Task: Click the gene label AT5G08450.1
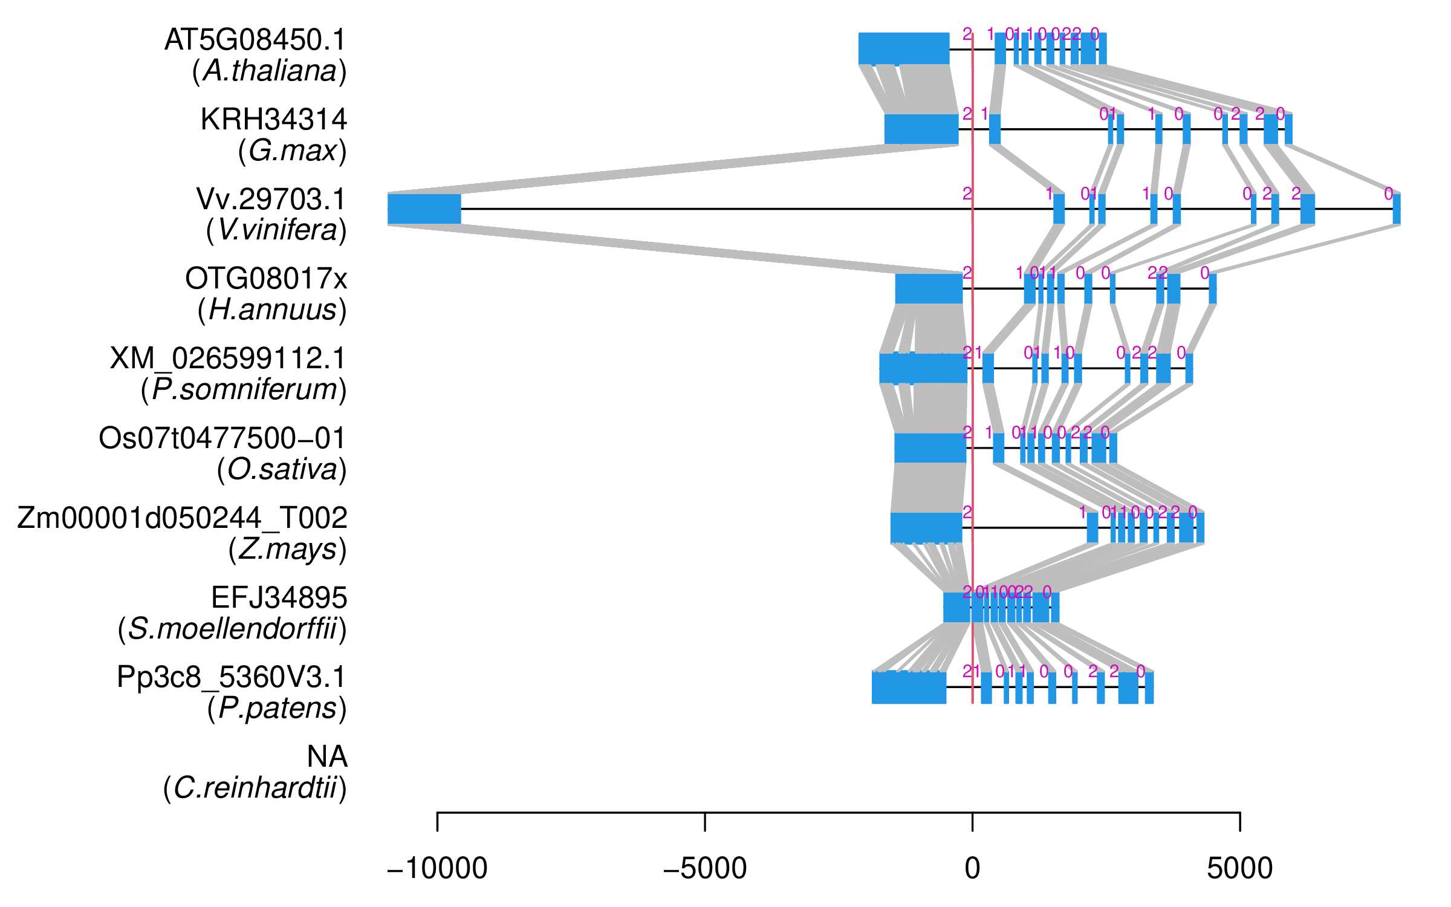click(x=255, y=41)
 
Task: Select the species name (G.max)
click(x=293, y=151)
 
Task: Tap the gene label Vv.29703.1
click(x=271, y=200)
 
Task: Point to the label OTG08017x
click(x=266, y=279)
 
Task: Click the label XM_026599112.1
click(x=228, y=359)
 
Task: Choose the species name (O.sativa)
click(x=282, y=470)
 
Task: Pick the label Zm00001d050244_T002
click(x=182, y=518)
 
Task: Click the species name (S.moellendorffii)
click(x=232, y=629)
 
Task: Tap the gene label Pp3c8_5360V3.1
click(x=232, y=677)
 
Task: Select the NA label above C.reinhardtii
click(x=326, y=757)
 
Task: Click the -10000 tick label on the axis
click(x=437, y=869)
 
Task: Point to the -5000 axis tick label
click(x=705, y=869)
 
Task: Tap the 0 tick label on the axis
click(x=972, y=869)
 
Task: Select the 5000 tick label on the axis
click(x=1240, y=869)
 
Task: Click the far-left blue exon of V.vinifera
click(x=424, y=209)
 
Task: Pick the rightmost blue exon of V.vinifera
click(x=1396, y=209)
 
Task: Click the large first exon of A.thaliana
click(x=903, y=48)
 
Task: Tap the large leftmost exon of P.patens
click(x=909, y=688)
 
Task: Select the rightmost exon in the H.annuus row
click(x=1212, y=288)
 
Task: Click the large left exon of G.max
click(x=921, y=129)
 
